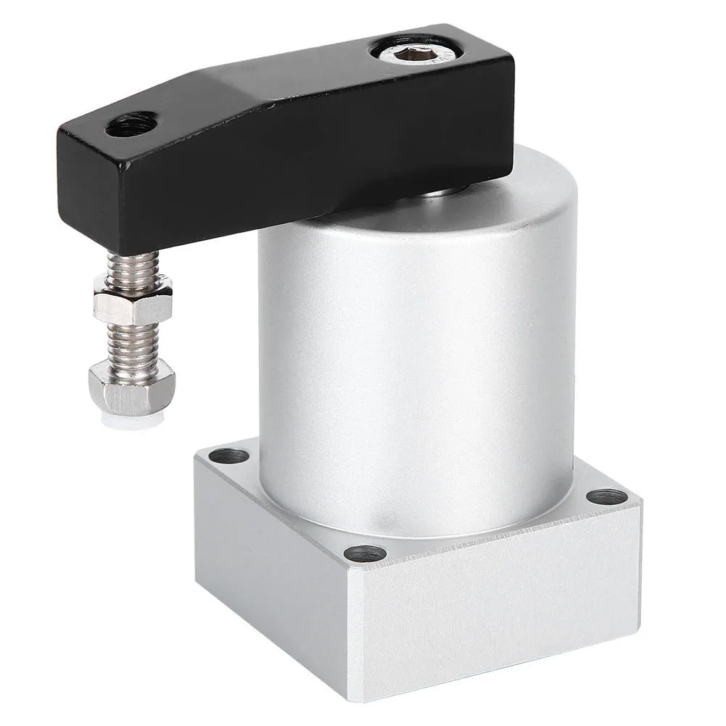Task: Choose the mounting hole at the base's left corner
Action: coord(230,456)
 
